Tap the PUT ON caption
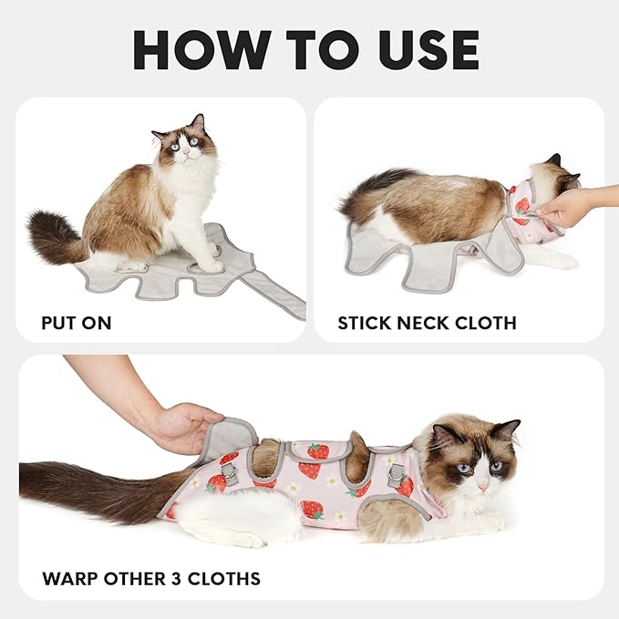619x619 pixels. coord(77,323)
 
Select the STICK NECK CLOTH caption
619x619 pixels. coord(427,323)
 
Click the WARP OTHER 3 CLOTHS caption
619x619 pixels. coord(150,578)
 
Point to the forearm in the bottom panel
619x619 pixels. coord(109,383)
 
